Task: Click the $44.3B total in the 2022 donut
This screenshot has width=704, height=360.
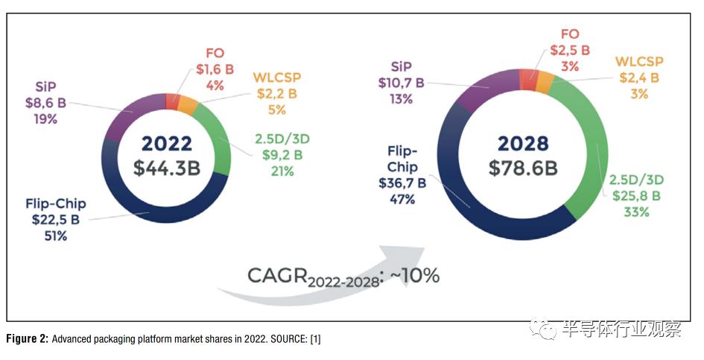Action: pos(167,168)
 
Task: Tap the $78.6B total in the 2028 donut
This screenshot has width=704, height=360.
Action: pos(523,168)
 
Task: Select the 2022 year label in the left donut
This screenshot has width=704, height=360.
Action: pos(167,143)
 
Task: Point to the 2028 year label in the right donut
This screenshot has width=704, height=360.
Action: pos(523,142)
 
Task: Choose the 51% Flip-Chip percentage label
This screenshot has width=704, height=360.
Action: pos(56,236)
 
